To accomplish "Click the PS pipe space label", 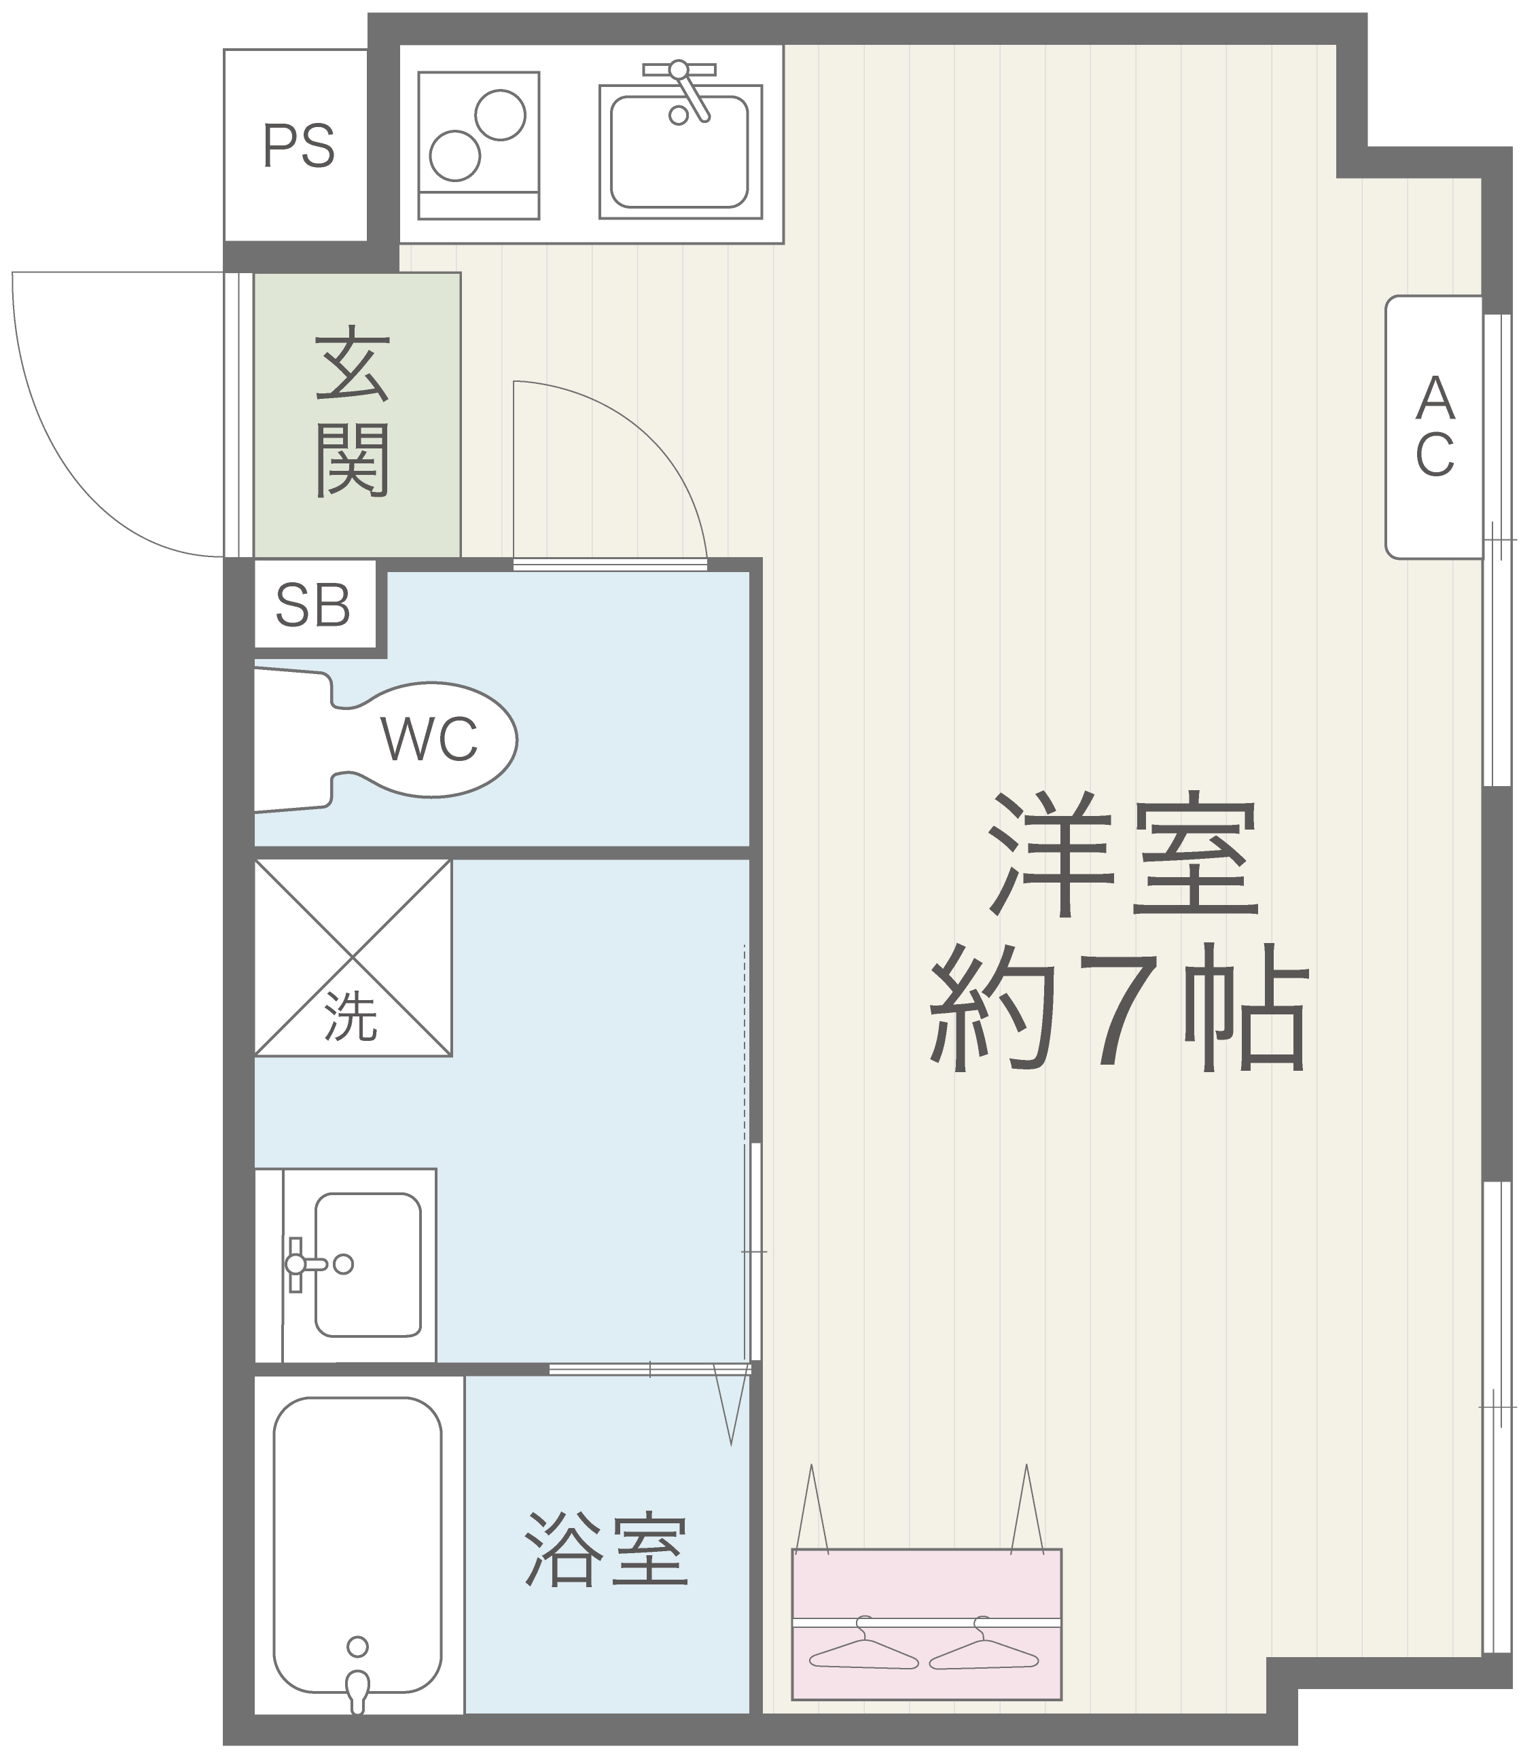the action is pos(299,146).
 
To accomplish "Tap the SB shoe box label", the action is pos(313,605).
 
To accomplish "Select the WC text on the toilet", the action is pos(429,739).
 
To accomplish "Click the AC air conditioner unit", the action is pos(1433,427).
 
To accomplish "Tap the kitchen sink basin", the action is pos(679,151).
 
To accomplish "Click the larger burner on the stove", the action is pos(500,115).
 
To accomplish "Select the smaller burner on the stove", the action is pos(455,156).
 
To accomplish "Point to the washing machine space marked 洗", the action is pos(353,958).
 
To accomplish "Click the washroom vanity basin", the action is pos(368,1264).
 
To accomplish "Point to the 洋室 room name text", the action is pos(1122,853).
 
